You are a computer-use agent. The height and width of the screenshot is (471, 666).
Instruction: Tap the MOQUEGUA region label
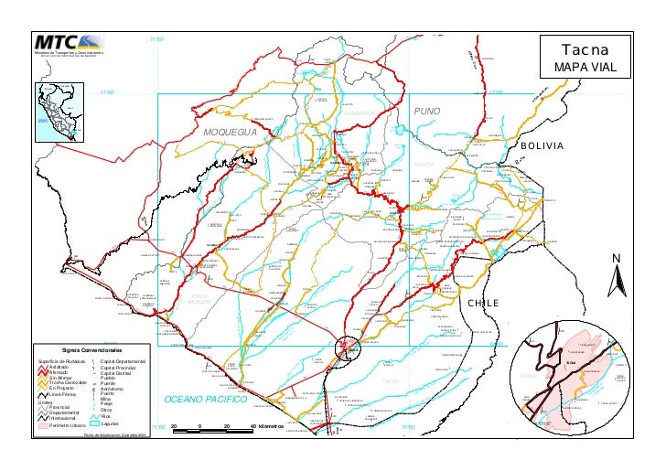[x=231, y=133]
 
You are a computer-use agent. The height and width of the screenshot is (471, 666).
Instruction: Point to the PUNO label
[x=427, y=112]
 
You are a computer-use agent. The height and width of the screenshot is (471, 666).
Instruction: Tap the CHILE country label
[x=485, y=303]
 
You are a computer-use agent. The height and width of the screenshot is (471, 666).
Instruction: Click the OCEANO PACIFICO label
[x=206, y=401]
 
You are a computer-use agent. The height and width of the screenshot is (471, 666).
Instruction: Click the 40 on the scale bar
[x=252, y=427]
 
